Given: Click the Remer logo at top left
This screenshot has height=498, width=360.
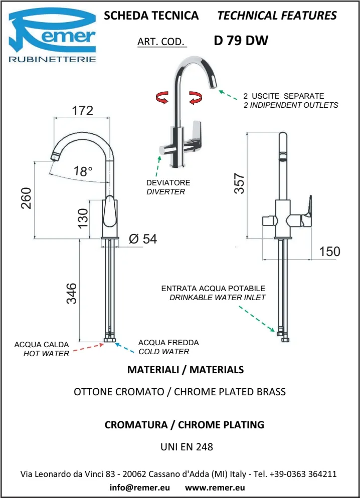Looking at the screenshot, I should [x=53, y=37].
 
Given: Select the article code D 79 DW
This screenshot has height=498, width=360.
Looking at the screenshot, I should [x=241, y=41].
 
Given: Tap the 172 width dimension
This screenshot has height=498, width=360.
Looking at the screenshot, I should [x=83, y=111].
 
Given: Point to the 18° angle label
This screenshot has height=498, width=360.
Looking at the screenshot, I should [x=83, y=171].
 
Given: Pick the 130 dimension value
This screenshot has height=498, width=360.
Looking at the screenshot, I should [x=83, y=218].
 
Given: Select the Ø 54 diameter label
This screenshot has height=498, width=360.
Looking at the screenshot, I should [x=142, y=239].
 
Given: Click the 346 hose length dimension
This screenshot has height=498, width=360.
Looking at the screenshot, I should [x=72, y=293].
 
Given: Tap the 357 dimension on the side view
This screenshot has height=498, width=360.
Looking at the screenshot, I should [x=240, y=183].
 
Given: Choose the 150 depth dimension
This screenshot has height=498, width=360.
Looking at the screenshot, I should [x=329, y=251].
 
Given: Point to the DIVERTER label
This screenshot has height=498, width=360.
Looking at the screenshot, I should [x=165, y=191].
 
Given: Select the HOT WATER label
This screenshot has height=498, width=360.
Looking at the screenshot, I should [x=46, y=354].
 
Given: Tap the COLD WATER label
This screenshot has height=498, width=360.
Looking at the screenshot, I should [x=164, y=351].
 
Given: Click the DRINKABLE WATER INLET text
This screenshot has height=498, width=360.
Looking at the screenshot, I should [x=218, y=297].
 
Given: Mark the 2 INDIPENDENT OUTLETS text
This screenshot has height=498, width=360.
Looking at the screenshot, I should [x=291, y=105].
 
